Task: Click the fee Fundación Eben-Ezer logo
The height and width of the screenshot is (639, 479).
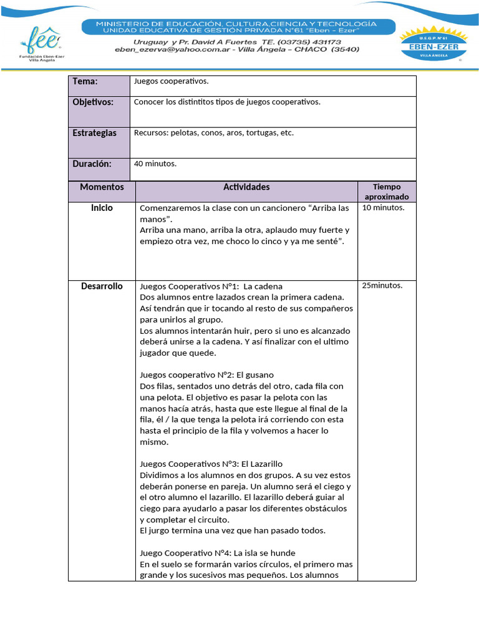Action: point(42,44)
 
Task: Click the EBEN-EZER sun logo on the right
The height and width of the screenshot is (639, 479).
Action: point(432,45)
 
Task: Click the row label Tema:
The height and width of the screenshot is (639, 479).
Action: point(85,82)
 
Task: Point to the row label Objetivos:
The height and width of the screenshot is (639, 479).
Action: point(93,102)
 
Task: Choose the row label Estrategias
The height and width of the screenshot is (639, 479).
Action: point(94,134)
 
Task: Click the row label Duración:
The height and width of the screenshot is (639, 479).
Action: point(92,164)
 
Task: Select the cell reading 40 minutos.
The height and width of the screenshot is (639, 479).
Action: point(155,164)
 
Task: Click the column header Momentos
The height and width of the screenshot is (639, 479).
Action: point(102,187)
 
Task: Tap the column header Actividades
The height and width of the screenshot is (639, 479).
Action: point(246,187)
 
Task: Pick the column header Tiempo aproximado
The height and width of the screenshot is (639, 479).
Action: point(387,192)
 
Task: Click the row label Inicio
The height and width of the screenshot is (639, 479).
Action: point(102,208)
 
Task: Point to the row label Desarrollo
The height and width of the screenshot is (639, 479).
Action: point(102,286)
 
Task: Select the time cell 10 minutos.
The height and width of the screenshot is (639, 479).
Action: point(383,208)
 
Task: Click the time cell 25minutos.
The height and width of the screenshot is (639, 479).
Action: point(382,286)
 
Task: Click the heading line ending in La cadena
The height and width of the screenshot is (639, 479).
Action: point(203,286)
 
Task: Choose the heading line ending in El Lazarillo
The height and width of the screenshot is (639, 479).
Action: point(211,464)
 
